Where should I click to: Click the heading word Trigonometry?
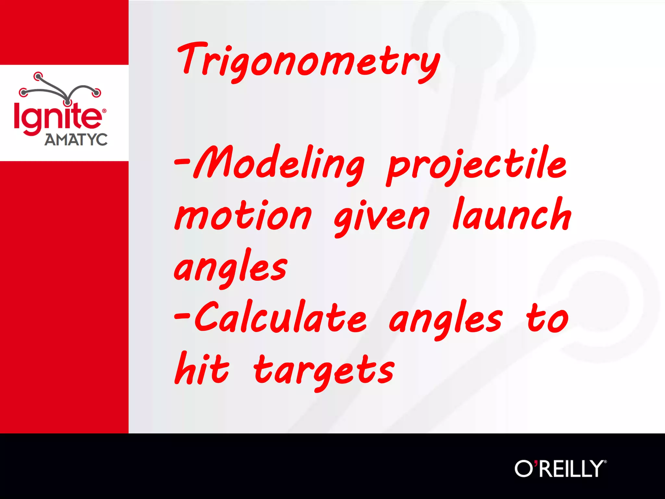(308, 62)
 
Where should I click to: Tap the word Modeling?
(279, 164)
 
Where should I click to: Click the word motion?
(243, 216)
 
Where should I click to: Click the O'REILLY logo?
(559, 468)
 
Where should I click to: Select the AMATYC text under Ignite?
(76, 140)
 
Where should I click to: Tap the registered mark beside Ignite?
(104, 111)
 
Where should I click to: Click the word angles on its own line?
(231, 268)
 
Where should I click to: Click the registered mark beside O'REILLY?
(605, 461)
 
